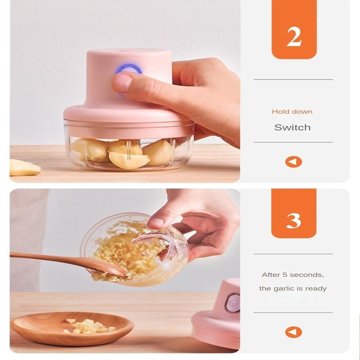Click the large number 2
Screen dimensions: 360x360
pyautogui.click(x=294, y=37)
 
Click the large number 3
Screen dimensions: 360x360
pyautogui.click(x=294, y=220)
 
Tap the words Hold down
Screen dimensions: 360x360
pyautogui.click(x=292, y=112)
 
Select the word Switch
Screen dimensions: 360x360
pyautogui.click(x=292, y=127)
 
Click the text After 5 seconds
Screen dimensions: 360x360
pyautogui.click(x=293, y=275)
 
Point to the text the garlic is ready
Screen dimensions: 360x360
pyautogui.click(x=293, y=288)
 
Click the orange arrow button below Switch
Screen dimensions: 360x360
pyautogui.click(x=293, y=162)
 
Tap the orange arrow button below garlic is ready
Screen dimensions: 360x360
pyautogui.click(x=293, y=332)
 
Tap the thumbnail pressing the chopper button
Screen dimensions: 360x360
pyautogui.click(x=121, y=82)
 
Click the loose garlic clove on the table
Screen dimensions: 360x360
pyautogui.click(x=24, y=167)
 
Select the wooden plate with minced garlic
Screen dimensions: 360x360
pyautogui.click(x=72, y=328)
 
